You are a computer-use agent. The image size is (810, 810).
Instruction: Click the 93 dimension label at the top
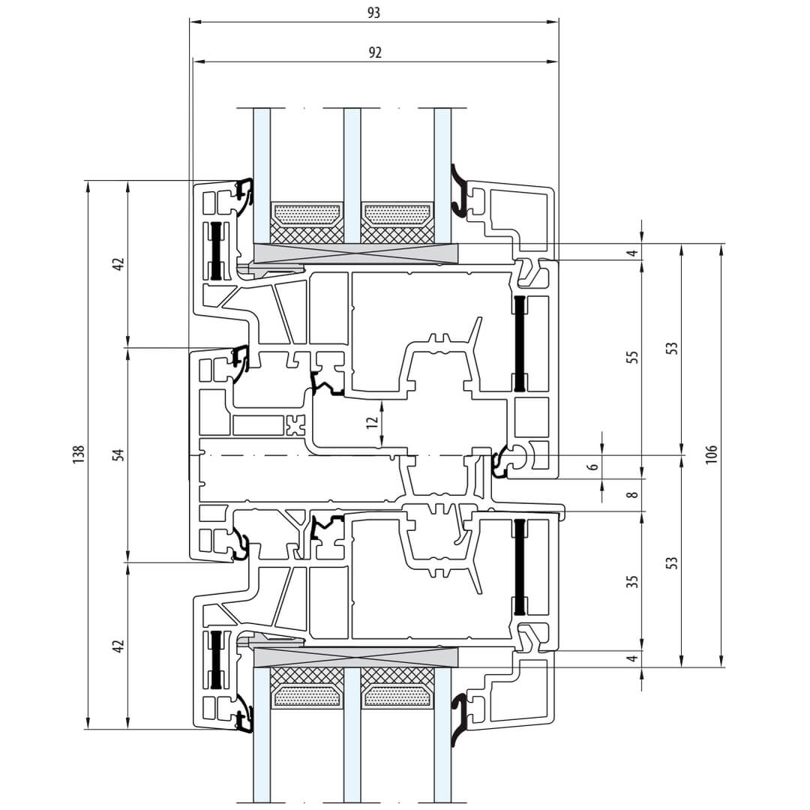(x=374, y=13)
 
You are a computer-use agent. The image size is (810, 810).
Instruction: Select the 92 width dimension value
(x=375, y=52)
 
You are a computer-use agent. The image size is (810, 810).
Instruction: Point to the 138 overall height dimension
(x=78, y=454)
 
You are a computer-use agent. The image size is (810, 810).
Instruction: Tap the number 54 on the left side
(x=118, y=454)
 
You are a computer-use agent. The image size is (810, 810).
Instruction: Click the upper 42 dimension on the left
(x=118, y=263)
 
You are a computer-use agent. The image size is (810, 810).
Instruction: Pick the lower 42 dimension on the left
(x=118, y=646)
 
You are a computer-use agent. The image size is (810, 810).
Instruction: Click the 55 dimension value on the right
(x=632, y=357)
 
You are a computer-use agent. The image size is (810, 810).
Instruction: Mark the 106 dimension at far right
(x=711, y=454)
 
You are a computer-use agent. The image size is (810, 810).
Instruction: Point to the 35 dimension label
(x=632, y=581)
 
